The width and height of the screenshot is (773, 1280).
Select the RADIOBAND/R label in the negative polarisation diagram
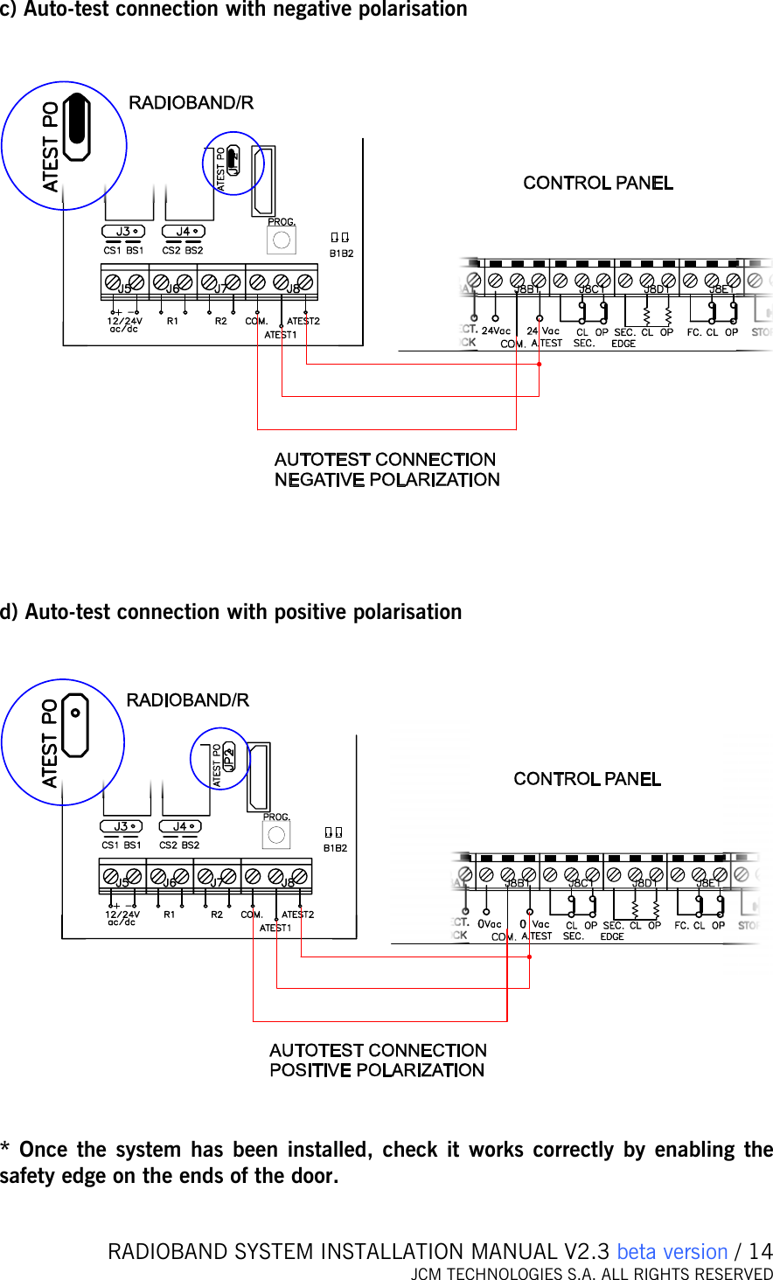pyautogui.click(x=191, y=103)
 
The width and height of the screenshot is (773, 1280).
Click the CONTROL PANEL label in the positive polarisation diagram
pyautogui.click(x=587, y=779)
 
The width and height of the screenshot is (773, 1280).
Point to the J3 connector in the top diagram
pyautogui.click(x=123, y=232)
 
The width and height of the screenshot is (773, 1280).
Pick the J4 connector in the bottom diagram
pyautogui.click(x=180, y=826)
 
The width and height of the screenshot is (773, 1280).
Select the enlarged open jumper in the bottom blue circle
pyautogui.click(x=75, y=726)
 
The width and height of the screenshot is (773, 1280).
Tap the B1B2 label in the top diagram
pyautogui.click(x=341, y=254)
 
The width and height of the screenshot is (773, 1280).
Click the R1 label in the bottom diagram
pyautogui.click(x=169, y=915)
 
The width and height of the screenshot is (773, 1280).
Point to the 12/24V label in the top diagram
pyautogui.click(x=124, y=321)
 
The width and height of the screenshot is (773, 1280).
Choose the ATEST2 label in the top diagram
pyautogui.click(x=303, y=321)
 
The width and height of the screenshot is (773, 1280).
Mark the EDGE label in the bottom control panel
pyautogui.click(x=612, y=936)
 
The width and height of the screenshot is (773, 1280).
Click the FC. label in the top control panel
pyautogui.click(x=693, y=332)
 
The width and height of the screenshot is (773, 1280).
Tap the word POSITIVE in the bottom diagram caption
pyautogui.click(x=311, y=1070)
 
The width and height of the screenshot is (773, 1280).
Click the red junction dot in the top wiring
pyautogui.click(x=539, y=364)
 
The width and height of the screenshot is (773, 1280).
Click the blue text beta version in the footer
pyautogui.click(x=672, y=1252)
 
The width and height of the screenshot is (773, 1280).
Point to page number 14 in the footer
pyautogui.click(x=761, y=1252)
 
